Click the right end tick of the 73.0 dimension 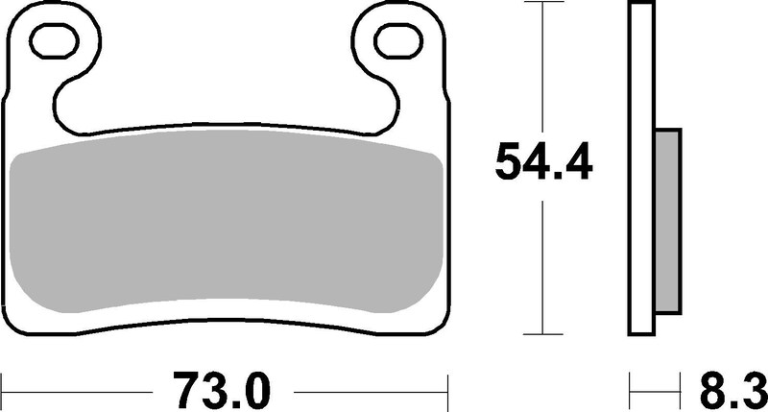pyautogui.click(x=449, y=391)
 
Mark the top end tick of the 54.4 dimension pyautogui.click(x=543, y=3)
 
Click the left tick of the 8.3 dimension pyautogui.click(x=632, y=391)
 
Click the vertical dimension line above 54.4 pyautogui.click(x=543, y=67)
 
